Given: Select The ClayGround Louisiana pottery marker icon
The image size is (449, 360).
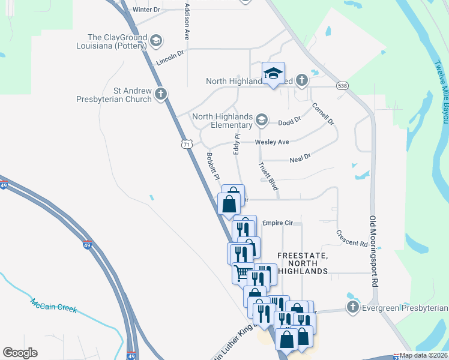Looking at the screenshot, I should (x=156, y=41).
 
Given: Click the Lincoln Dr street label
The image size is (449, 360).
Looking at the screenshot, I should (x=169, y=58).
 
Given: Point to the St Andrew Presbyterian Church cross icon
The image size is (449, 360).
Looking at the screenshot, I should (x=160, y=94).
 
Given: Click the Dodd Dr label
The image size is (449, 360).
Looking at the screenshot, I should (x=289, y=122).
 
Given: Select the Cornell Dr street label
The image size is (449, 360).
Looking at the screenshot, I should (x=322, y=114).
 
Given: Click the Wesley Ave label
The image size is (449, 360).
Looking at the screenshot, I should (x=272, y=142).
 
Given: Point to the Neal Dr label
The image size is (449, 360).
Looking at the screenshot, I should (x=300, y=158).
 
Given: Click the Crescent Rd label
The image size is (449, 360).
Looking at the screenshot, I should (x=352, y=239).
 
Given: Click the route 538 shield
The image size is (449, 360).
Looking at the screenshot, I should (x=342, y=86).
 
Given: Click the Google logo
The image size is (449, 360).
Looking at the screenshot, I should (x=20, y=353).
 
